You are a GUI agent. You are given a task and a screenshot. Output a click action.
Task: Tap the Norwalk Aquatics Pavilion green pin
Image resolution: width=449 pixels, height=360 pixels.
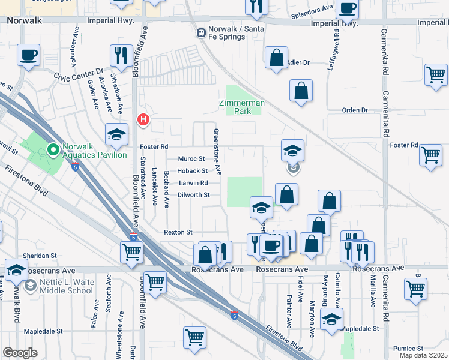tap(52, 149)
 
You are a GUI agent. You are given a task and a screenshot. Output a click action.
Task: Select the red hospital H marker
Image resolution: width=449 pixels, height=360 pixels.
tap(143, 119)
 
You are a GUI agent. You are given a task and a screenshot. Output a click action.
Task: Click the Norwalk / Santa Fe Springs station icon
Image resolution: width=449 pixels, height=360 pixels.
tap(200, 32)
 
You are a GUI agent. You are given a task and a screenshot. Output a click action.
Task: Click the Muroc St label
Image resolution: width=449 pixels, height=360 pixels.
tap(193, 159)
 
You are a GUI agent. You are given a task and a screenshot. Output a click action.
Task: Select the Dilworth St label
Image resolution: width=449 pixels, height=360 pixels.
tap(193, 195)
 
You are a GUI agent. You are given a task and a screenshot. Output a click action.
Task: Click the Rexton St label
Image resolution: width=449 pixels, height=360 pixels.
tap(178, 232)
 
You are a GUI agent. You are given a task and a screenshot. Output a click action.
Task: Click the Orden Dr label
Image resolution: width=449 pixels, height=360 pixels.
tap(354, 110)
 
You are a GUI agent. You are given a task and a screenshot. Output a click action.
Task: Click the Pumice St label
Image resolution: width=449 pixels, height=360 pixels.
tap(408, 349)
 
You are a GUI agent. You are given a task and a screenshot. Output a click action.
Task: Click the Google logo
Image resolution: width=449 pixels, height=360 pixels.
tap(20, 353)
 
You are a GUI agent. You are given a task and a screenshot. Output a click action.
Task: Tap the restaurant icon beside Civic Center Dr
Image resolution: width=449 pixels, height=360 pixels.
tap(122, 56)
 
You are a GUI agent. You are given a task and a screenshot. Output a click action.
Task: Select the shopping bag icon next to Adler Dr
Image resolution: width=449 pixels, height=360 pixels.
tap(276, 58)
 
